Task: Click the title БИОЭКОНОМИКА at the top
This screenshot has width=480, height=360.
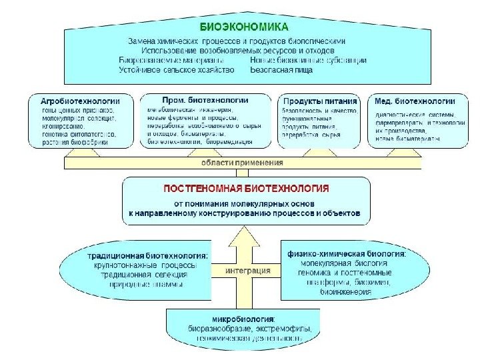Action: (x=245, y=27)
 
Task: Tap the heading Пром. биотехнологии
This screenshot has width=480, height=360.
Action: (x=195, y=99)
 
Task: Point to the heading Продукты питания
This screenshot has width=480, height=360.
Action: (x=320, y=101)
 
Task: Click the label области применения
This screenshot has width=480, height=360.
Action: (x=243, y=162)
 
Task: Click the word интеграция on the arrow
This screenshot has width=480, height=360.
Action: (x=247, y=271)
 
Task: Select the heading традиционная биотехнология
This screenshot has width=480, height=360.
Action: (x=147, y=255)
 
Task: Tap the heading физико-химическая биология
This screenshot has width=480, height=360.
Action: (x=345, y=254)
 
